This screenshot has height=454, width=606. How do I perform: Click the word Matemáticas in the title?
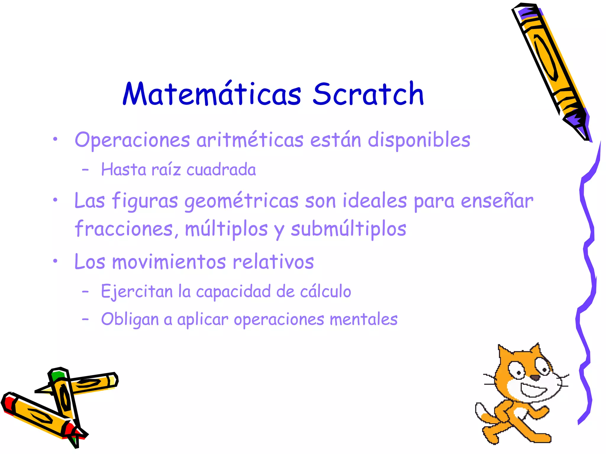pyautogui.click(x=212, y=94)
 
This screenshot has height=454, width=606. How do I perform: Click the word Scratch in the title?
pyautogui.click(x=368, y=94)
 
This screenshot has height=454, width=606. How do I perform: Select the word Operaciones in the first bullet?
pyautogui.click(x=132, y=140)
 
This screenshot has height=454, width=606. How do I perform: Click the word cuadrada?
pyautogui.click(x=221, y=170)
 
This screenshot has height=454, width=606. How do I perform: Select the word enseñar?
pyautogui.click(x=497, y=201)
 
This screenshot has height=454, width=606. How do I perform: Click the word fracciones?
pyautogui.click(x=127, y=229)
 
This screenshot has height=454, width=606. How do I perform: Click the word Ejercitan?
pyautogui.click(x=137, y=292)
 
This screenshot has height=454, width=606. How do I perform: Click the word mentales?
pyautogui.click(x=363, y=319)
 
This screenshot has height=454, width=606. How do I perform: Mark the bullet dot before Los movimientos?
pyautogui.click(x=55, y=261)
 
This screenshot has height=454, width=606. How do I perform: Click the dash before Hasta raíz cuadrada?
pyautogui.click(x=85, y=170)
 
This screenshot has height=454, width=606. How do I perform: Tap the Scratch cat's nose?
pyautogui.click(x=534, y=377)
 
